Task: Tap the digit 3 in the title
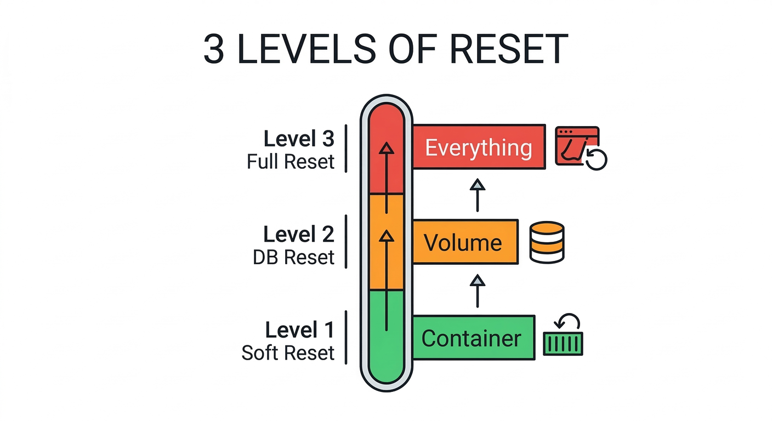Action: [x=214, y=49]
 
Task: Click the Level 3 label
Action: [x=299, y=139]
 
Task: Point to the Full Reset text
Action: [x=291, y=162]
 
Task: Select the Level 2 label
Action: [x=299, y=235]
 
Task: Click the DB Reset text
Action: [x=294, y=258]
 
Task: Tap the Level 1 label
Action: [x=299, y=330]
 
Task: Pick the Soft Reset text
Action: [x=288, y=353]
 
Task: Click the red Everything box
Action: [x=479, y=147]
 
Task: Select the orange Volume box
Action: [x=465, y=242]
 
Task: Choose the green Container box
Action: [x=473, y=338]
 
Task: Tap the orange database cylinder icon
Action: [x=547, y=242]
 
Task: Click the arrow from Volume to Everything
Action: [x=478, y=195]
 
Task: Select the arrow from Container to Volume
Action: [x=478, y=291]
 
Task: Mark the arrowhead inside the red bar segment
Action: [x=387, y=147]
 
